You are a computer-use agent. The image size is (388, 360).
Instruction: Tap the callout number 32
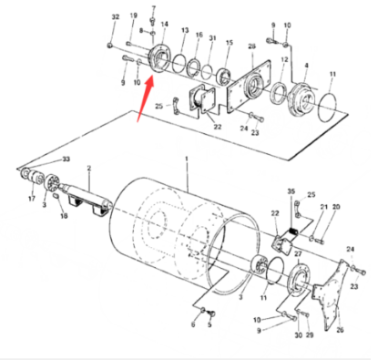115,18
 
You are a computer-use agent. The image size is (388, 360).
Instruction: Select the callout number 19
134,15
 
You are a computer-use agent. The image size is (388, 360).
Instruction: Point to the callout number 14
164,24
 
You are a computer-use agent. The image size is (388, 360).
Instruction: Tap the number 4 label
306,65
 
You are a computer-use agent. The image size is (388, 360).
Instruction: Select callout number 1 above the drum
187,159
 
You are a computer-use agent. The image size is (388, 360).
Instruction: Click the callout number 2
89,169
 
